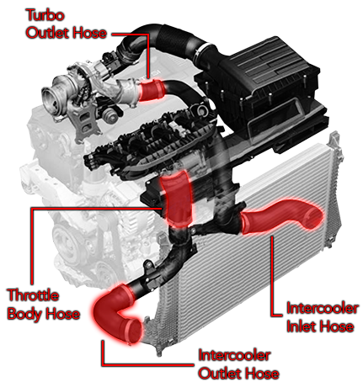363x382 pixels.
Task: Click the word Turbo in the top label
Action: tap(44, 16)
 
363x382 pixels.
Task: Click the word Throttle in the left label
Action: tap(34, 296)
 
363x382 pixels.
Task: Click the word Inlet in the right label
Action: tap(301, 326)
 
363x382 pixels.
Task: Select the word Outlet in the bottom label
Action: tap(219, 373)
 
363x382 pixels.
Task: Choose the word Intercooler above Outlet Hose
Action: tap(236, 354)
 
